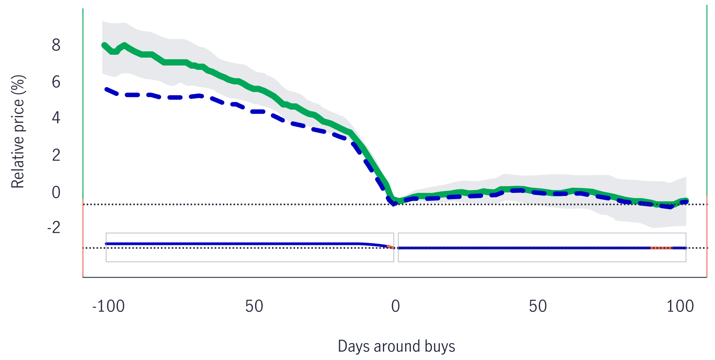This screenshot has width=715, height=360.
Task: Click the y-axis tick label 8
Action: [x=56, y=45]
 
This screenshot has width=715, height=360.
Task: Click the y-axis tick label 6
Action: [x=56, y=82]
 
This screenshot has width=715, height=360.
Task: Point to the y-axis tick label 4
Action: [x=56, y=118]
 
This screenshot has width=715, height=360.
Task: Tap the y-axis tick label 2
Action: [x=56, y=155]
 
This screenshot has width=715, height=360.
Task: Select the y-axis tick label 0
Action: [x=56, y=192]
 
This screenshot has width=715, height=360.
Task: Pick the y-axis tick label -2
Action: [x=54, y=228]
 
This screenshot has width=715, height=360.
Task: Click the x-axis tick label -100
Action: [x=108, y=306]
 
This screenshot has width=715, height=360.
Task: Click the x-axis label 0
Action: [x=396, y=306]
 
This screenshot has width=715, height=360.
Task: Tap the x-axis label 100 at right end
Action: [x=680, y=306]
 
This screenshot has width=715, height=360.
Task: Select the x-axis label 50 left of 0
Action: [x=254, y=306]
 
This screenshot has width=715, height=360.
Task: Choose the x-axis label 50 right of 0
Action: [x=538, y=306]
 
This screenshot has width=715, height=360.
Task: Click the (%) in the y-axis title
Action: [x=18, y=84]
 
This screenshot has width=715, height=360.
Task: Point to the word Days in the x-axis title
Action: [x=354, y=346]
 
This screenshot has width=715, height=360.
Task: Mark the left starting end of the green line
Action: [x=104, y=45]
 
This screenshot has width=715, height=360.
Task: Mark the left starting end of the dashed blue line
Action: [x=106, y=90]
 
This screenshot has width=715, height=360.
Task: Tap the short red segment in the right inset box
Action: [x=661, y=248]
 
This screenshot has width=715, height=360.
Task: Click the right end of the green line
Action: [x=686, y=200]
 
